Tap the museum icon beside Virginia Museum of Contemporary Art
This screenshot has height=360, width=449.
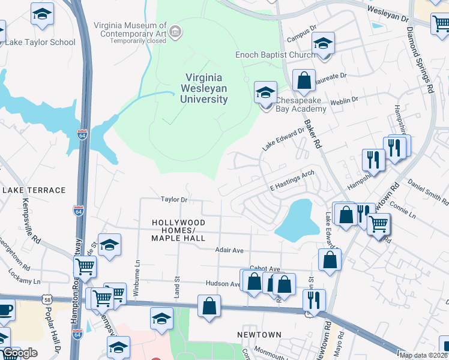(x=175, y=31)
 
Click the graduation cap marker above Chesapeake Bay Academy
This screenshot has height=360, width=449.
(x=265, y=93)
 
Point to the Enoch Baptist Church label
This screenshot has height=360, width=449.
(x=274, y=55)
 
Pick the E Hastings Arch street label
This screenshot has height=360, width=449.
(x=292, y=181)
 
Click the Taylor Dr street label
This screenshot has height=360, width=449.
(x=174, y=199)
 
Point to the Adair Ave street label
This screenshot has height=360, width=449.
(x=230, y=250)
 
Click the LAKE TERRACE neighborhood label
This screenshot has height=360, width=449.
(x=34, y=190)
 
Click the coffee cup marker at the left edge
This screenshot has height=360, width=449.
(x=5, y=311)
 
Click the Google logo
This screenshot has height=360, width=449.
(x=20, y=353)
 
